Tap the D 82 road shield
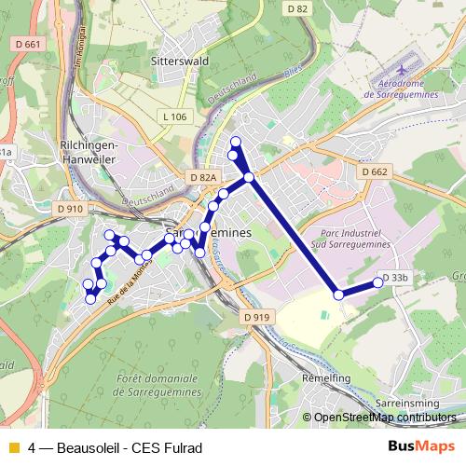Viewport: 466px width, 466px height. (x=297, y=8)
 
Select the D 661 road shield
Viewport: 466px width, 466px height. (x=29, y=44)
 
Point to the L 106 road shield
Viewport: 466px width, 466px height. (x=173, y=116)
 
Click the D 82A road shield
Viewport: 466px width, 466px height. (x=202, y=177)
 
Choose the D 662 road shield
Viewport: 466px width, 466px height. (x=373, y=171)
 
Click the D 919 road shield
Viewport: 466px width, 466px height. (x=256, y=317)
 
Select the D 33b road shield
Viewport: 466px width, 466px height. (x=397, y=278)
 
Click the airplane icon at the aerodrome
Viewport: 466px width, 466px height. (x=402, y=71)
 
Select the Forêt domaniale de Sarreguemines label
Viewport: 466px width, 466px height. (x=159, y=386)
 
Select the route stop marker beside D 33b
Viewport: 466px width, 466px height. (x=378, y=281)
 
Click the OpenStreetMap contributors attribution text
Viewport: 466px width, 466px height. (x=386, y=418)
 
